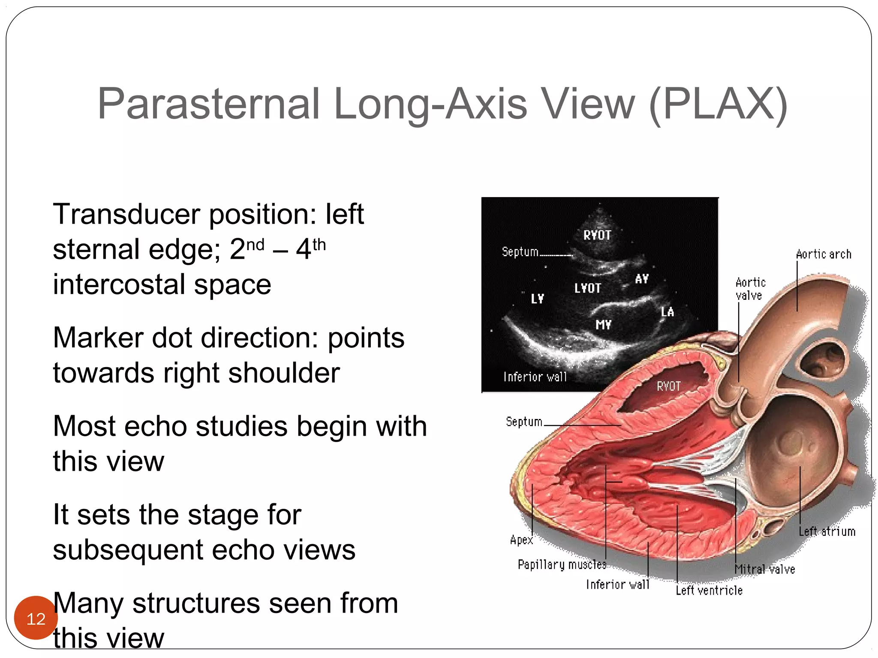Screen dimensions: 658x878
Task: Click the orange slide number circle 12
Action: tap(36, 618)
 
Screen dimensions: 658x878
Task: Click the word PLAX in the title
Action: tap(719, 104)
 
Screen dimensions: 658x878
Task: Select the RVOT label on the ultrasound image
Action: tap(597, 235)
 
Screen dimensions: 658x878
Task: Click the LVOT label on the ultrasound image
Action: tap(588, 288)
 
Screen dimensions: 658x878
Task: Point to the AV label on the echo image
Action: tap(642, 279)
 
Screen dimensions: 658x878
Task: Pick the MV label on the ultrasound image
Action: tap(603, 325)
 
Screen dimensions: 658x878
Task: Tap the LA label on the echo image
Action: tap(667, 312)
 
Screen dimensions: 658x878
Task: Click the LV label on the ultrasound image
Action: tap(537, 299)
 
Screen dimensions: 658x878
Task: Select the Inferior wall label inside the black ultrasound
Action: tap(535, 377)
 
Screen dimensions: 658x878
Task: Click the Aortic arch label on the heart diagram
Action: tap(823, 254)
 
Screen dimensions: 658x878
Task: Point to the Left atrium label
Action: tap(827, 532)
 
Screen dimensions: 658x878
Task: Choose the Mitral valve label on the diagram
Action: tap(765, 569)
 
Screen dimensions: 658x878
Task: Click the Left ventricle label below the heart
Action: tap(709, 591)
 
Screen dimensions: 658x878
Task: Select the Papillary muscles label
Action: tap(562, 565)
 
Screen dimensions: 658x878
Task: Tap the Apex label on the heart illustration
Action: tap(521, 540)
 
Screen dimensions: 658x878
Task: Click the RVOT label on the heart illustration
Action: tap(668, 386)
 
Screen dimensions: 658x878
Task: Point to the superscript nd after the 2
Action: tap(256, 245)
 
